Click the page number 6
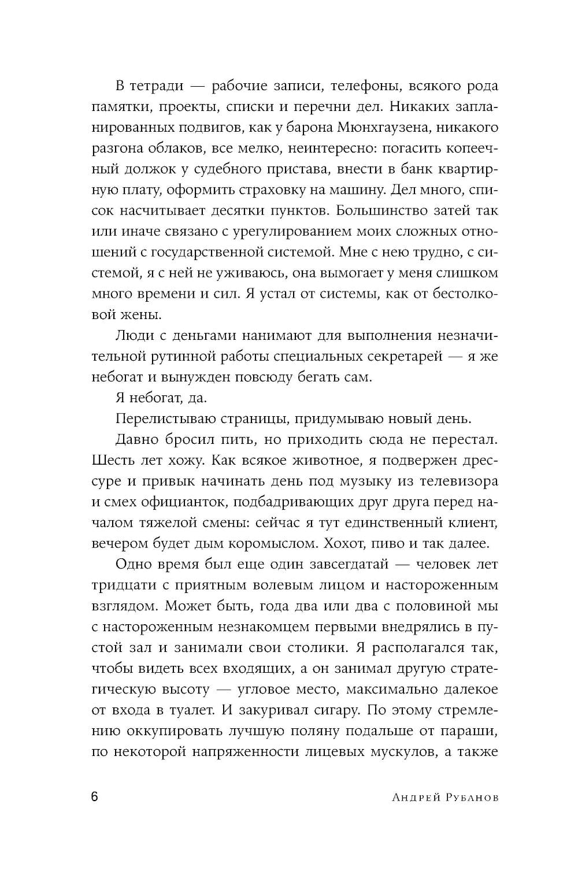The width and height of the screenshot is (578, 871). click(95, 796)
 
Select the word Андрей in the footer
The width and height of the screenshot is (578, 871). click(414, 798)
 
